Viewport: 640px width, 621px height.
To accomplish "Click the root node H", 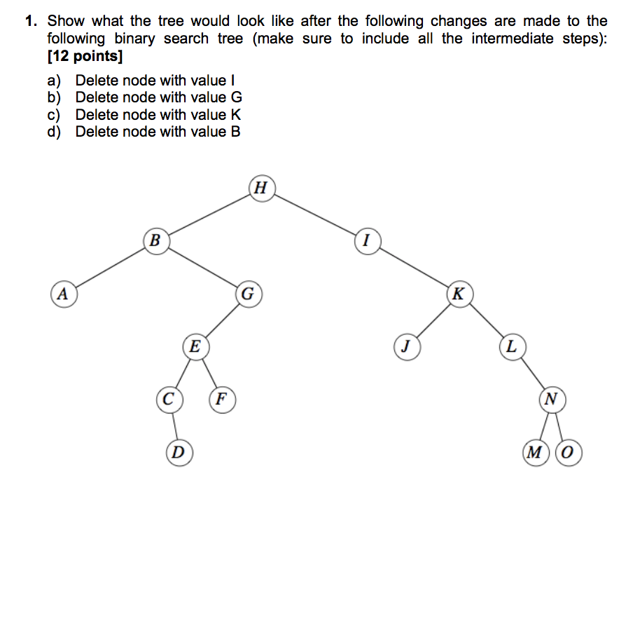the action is (261, 188).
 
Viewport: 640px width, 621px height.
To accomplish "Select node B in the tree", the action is (155, 240).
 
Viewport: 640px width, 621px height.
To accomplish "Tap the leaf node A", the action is (62, 293).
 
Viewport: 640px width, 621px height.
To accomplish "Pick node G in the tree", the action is (247, 293).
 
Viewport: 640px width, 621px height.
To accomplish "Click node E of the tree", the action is (195, 346).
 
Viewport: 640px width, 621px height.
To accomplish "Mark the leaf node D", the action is (179, 452).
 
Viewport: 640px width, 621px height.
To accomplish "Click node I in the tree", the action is (366, 240).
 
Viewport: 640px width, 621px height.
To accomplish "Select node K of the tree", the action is (459, 293).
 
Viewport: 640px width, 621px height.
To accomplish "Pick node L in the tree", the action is (512, 346).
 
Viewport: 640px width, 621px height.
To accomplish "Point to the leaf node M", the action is (536, 452).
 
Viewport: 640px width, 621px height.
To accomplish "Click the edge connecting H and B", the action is (208, 214).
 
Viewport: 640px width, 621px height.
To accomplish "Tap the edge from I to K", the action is (412, 267).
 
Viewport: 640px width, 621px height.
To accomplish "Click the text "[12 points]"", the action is (80, 55).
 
